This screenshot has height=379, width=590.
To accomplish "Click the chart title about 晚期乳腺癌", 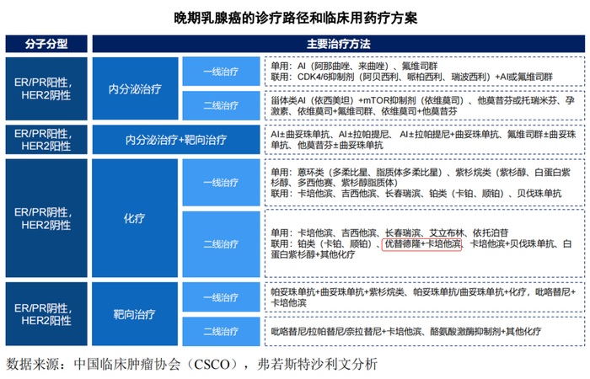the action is [x=294, y=16].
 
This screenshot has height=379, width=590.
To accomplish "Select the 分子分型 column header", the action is [x=46, y=42].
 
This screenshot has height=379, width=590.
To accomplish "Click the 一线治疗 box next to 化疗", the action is [x=220, y=183].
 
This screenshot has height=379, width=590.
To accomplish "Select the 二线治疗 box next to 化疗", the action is [x=220, y=244].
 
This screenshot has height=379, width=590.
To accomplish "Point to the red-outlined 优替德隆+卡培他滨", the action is [x=421, y=243].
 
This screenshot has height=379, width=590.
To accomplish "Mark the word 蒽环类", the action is [x=312, y=172].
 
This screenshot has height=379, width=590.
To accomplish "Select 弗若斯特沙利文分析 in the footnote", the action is [x=314, y=365].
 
